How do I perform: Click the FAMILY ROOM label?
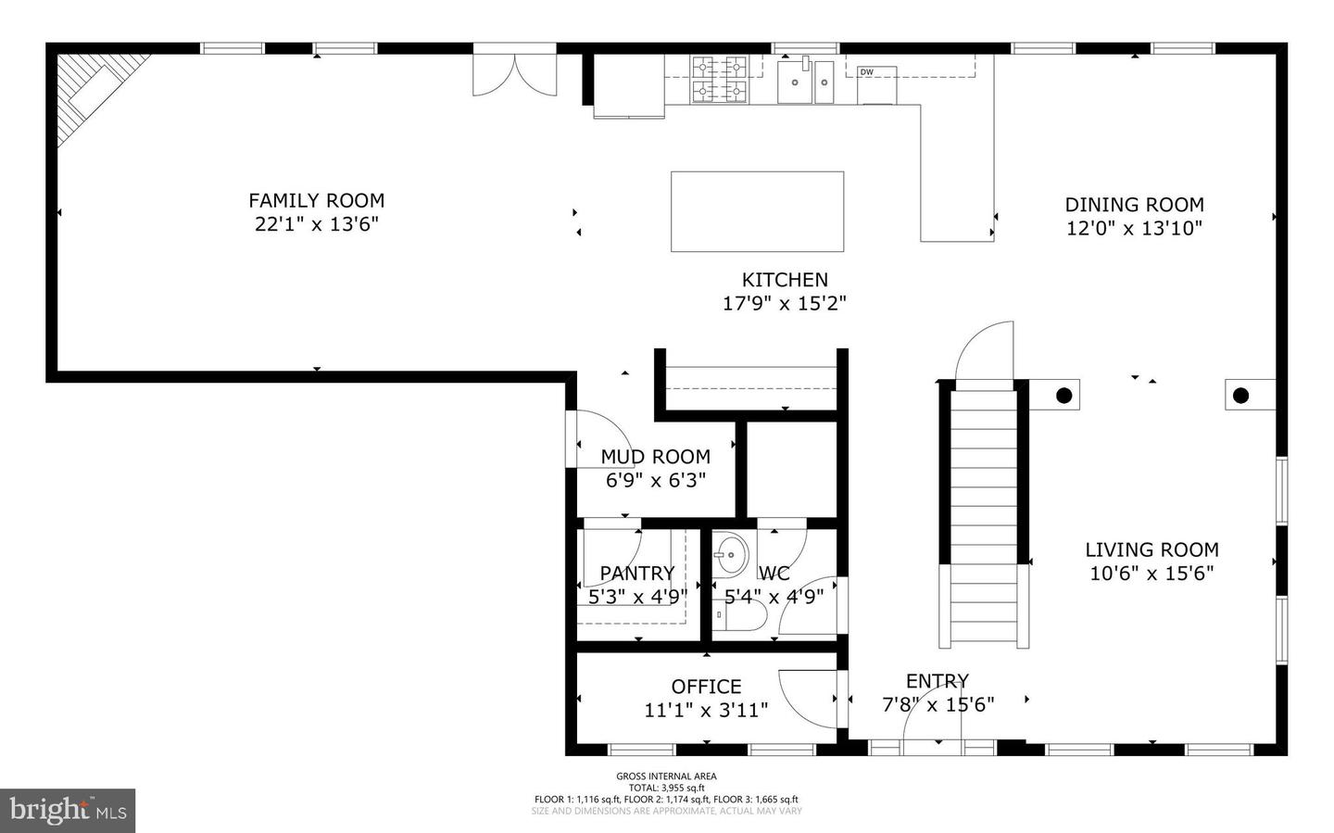(316, 200)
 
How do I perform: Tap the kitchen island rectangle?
(757, 211)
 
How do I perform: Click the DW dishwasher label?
(867, 72)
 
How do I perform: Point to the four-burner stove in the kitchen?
(720, 79)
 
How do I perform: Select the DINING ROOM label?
(1134, 205)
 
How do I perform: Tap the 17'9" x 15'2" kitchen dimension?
(784, 303)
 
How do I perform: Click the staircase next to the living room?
(984, 519)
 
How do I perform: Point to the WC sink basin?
(730, 556)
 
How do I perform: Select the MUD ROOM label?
(655, 457)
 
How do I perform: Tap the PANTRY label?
(636, 574)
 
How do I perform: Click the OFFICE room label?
(706, 687)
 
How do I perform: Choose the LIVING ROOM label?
(1152, 549)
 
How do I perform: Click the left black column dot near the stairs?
(1064, 396)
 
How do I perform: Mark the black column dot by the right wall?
(1240, 396)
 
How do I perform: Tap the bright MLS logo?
(68, 811)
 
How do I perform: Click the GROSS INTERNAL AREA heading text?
(666, 776)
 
